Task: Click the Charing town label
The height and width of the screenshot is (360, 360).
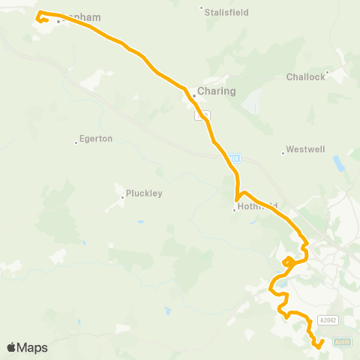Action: [x=217, y=91]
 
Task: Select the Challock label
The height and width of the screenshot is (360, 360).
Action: [x=306, y=76]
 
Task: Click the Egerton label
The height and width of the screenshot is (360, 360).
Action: [x=96, y=139]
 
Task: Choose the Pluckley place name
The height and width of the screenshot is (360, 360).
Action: [x=144, y=193]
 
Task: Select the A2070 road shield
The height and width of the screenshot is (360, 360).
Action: [x=342, y=342]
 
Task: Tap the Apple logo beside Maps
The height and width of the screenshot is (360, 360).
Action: [x=11, y=347]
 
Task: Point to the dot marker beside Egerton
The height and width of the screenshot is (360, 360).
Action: [x=76, y=142]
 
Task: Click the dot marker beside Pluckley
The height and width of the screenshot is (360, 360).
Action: [x=122, y=197]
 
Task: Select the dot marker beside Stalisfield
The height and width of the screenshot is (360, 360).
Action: [x=201, y=9]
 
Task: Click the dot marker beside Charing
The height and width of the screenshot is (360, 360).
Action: [x=193, y=95]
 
